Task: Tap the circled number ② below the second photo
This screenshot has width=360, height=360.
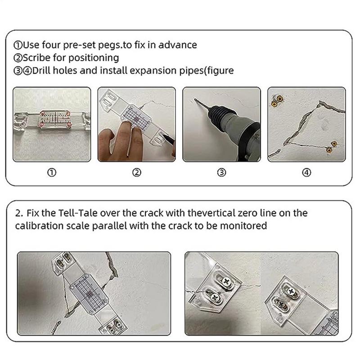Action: (137, 173)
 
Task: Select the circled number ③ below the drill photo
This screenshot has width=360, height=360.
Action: (221, 173)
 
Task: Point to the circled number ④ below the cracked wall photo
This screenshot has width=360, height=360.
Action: (306, 173)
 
